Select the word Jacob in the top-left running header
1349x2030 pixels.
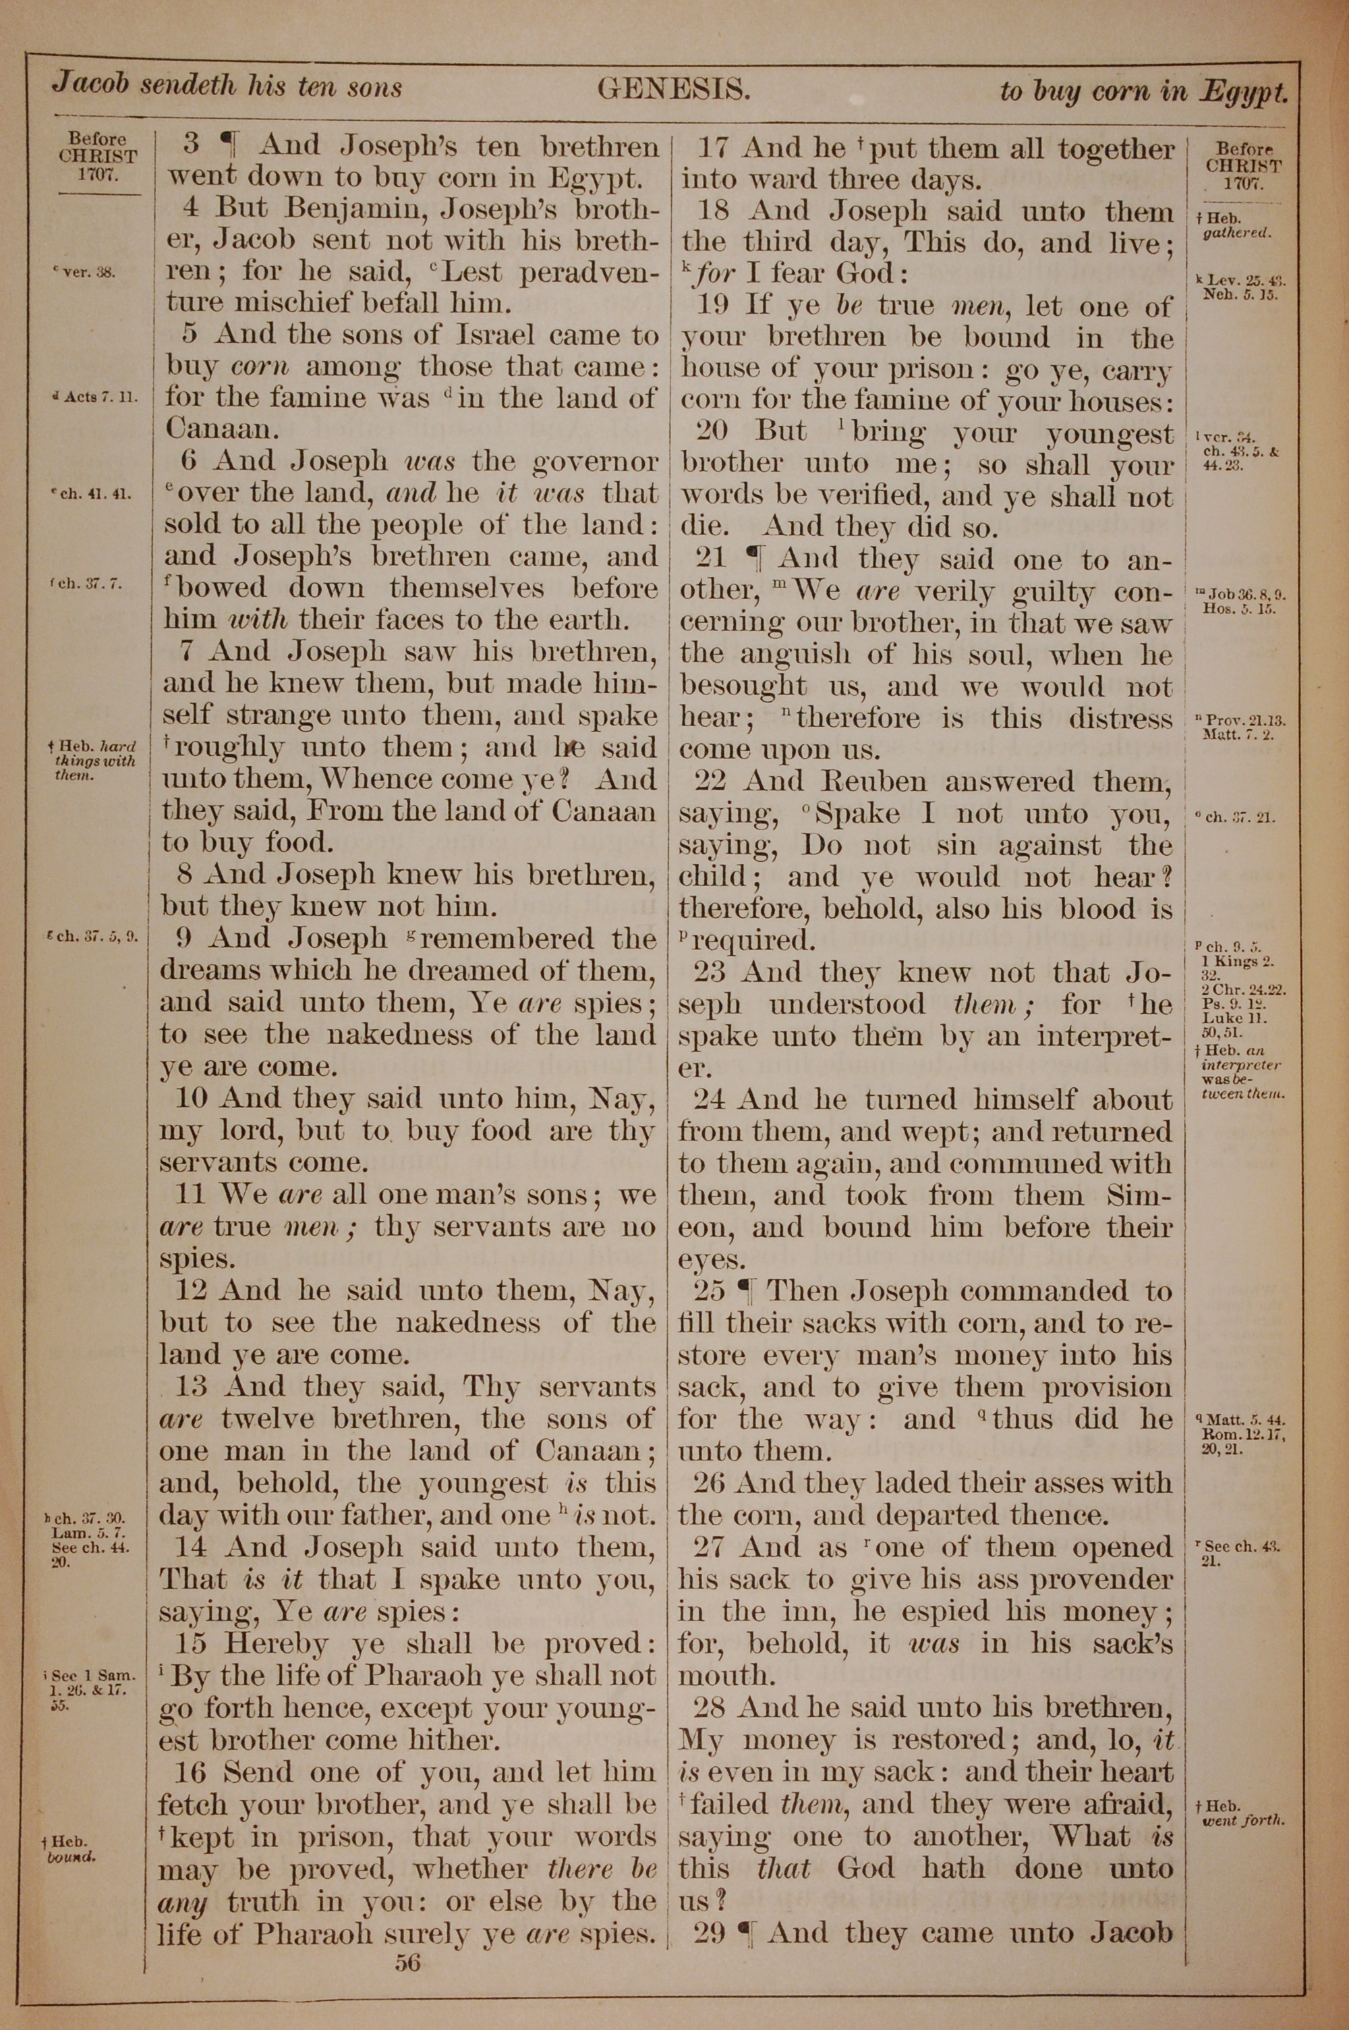coord(90,85)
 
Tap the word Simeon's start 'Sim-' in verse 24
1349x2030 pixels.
coord(1139,1195)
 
